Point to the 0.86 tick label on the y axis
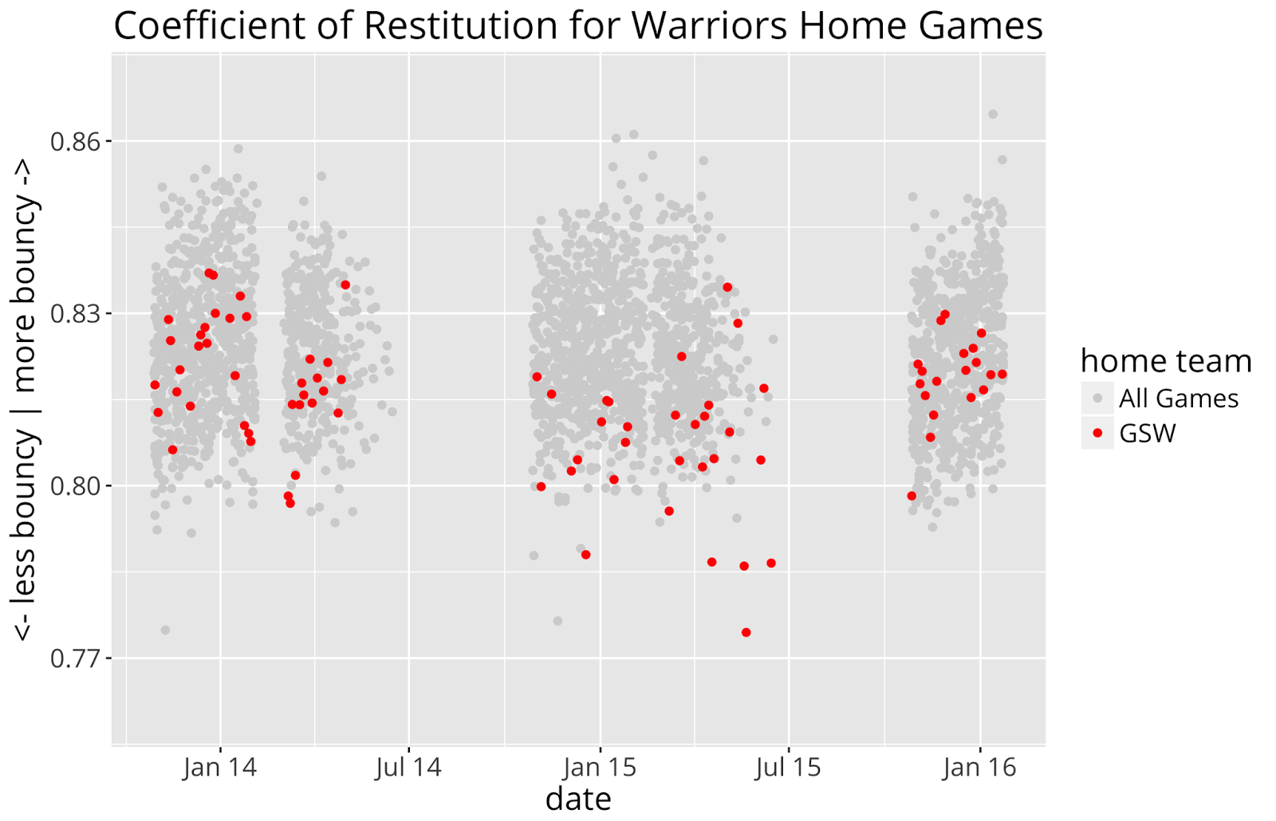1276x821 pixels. click(x=76, y=142)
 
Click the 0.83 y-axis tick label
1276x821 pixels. click(x=76, y=314)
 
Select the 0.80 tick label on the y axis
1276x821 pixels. click(x=76, y=486)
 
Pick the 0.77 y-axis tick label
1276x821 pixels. click(x=76, y=658)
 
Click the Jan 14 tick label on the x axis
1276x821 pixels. click(x=220, y=768)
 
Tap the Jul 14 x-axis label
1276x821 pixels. click(x=409, y=768)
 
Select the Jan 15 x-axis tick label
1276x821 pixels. click(x=600, y=768)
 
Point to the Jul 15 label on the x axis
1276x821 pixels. click(x=789, y=768)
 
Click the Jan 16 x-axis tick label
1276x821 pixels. click(x=979, y=768)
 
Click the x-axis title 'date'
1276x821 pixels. click(x=578, y=799)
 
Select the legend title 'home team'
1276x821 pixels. click(x=1166, y=361)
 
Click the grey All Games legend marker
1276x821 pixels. click(x=1097, y=398)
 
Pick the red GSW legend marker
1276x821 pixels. click(x=1097, y=433)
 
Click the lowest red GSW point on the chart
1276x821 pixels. click(x=746, y=633)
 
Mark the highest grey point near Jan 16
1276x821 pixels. click(x=993, y=114)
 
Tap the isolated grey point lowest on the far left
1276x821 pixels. click(x=165, y=630)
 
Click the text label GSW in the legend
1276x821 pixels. click(x=1148, y=434)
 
